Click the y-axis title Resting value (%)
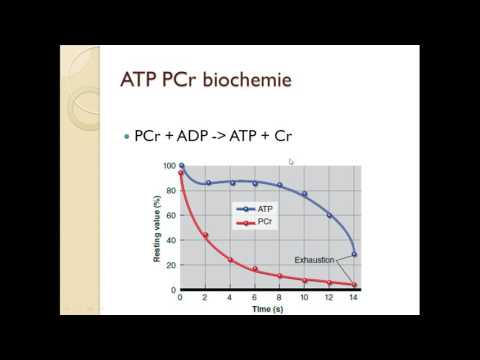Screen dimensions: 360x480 pos(157,229)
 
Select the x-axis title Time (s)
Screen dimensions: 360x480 pos(267,310)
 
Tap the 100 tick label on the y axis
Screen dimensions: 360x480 pos(168,166)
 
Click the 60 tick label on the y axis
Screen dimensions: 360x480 pos(170,215)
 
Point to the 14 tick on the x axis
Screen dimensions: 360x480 pos(354,299)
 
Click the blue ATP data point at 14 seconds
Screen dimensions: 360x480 pos(354,254)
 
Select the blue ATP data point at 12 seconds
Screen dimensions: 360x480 pos(330,215)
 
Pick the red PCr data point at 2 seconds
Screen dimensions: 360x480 pos(205,236)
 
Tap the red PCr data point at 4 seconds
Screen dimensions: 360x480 pos(230,260)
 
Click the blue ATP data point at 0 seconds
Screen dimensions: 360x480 pos(181,166)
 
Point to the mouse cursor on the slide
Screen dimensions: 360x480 pos(291,161)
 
